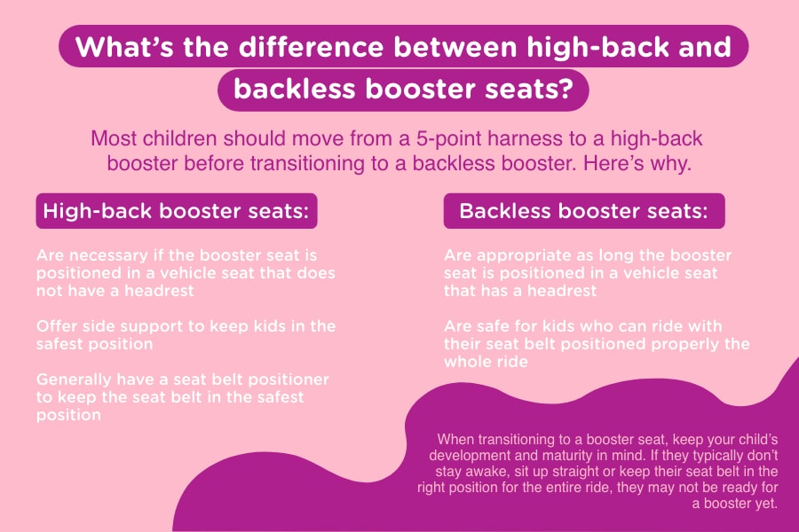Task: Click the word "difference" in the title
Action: click(x=311, y=47)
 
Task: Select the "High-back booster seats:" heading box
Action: click(x=177, y=211)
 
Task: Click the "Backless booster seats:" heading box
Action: click(x=584, y=211)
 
